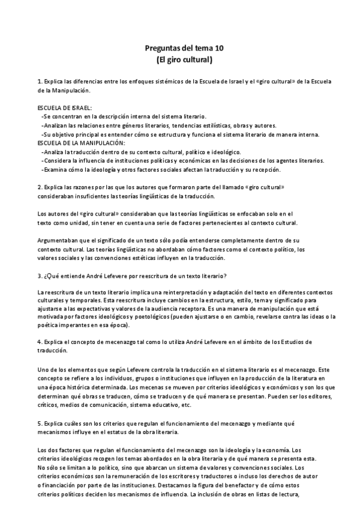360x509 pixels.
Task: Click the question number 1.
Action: tap(38, 81)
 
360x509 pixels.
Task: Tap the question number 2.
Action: tap(38, 187)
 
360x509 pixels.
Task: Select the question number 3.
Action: tap(38, 259)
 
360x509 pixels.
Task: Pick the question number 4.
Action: tap(38, 342)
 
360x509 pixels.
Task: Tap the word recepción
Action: tap(247, 170)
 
